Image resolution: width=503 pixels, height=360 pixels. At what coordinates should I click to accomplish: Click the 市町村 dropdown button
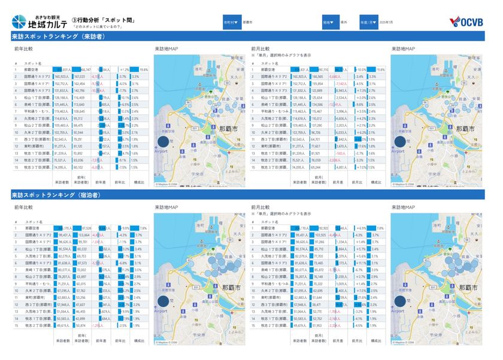point(231,21)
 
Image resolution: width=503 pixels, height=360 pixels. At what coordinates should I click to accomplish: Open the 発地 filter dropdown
point(330,21)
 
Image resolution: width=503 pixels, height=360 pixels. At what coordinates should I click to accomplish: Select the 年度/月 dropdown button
point(368,21)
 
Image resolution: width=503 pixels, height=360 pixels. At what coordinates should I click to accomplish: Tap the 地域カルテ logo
point(37,22)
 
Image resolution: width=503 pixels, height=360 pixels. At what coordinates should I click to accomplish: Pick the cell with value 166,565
point(318,77)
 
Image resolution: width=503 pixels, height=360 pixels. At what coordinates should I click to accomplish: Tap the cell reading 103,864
point(80,235)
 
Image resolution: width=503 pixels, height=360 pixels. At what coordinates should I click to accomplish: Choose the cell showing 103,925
point(318,235)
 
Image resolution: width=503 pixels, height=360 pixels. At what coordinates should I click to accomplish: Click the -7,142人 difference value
point(340,83)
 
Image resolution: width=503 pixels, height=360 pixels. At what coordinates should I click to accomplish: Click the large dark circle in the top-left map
point(162,142)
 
